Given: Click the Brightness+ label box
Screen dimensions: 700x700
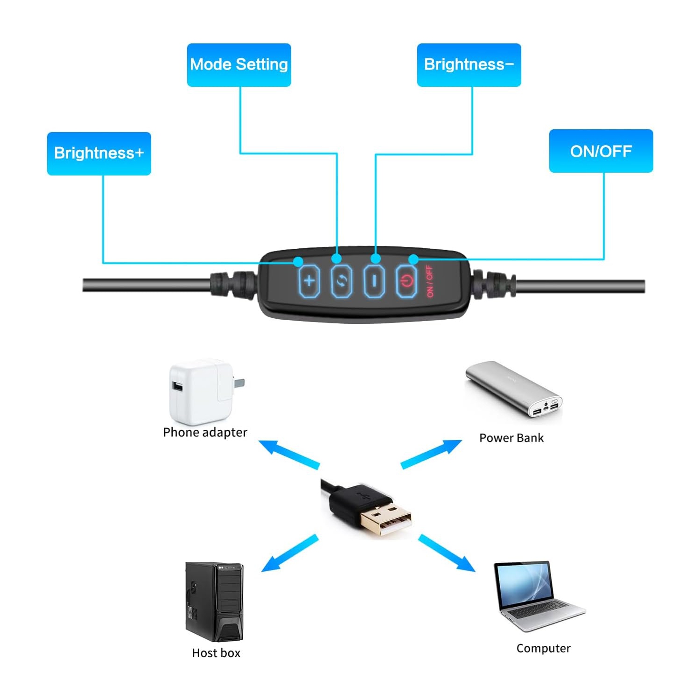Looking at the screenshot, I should click(99, 154).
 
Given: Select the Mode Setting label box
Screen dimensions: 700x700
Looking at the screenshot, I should click(239, 65).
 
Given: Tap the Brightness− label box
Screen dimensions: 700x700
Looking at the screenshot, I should click(469, 65).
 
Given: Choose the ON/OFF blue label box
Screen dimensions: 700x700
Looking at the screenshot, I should click(601, 151).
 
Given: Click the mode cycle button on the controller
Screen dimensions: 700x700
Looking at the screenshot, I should click(342, 281).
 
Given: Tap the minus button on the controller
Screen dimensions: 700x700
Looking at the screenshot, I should click(374, 281).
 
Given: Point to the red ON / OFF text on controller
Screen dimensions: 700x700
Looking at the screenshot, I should click(430, 281).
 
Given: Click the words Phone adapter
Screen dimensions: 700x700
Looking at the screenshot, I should click(205, 433).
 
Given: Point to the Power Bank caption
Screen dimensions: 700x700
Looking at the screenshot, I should click(511, 438).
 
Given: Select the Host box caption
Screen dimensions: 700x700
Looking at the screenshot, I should click(216, 653).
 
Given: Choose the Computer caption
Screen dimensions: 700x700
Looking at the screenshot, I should click(543, 649).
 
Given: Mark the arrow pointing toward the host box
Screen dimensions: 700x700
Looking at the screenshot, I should click(289, 553).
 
